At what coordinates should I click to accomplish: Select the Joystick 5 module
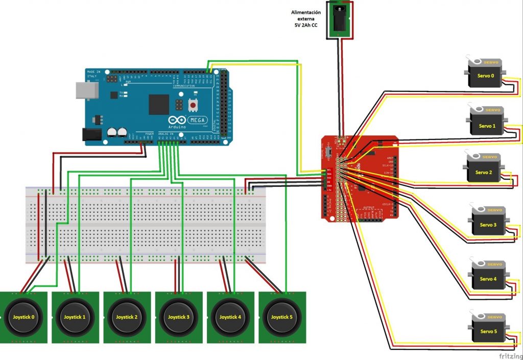coord(282,317)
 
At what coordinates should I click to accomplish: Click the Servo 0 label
coord(485,76)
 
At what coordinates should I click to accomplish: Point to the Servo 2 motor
coord(483,169)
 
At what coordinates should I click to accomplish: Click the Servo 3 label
coord(488,225)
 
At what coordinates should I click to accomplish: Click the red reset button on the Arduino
coord(194,105)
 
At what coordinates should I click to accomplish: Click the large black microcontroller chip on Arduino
coord(159,104)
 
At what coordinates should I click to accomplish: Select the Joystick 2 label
coord(127,317)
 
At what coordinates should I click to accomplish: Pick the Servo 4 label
coord(488,279)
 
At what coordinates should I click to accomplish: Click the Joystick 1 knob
coord(75,317)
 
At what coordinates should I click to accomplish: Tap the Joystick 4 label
coord(230,317)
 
